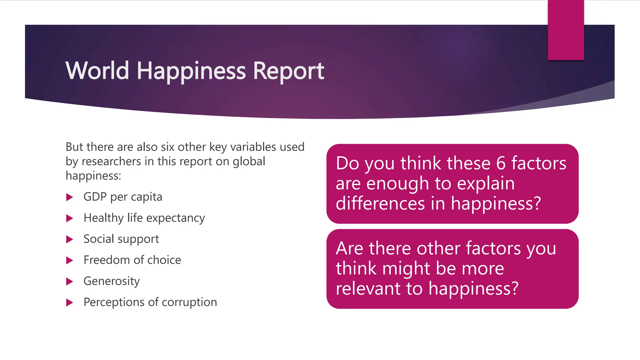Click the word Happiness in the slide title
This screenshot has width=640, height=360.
coord(191,71)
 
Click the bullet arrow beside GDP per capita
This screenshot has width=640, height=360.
coord(70,197)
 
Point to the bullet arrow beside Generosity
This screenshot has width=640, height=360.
coord(70,282)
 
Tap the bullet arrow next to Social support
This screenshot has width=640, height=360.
coord(70,239)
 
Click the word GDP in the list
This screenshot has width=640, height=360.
coord(95,197)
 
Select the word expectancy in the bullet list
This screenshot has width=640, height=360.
coord(176,218)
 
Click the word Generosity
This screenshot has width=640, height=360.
coord(112,281)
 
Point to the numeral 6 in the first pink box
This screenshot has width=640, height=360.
coord(501,163)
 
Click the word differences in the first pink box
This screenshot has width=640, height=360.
coord(380,203)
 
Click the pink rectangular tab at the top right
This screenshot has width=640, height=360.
coord(566,30)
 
